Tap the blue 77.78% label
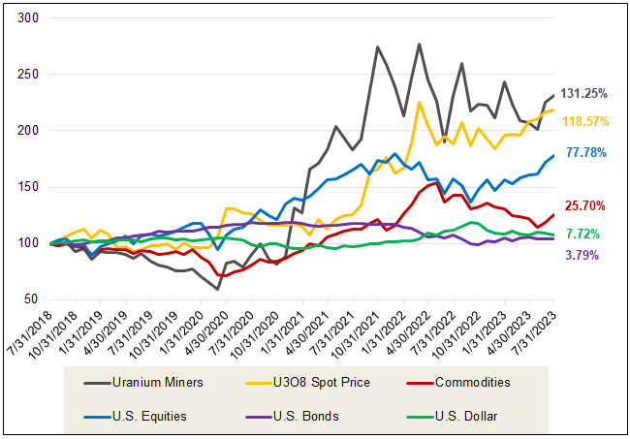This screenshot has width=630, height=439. (586, 153)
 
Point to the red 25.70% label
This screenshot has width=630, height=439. (586, 205)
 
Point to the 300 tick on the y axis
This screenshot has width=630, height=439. (27, 18)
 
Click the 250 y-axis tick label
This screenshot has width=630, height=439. (27, 75)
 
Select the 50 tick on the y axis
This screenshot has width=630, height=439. (31, 299)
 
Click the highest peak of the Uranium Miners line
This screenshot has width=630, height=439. (419, 44)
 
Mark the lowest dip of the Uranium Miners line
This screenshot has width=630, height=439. (217, 289)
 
